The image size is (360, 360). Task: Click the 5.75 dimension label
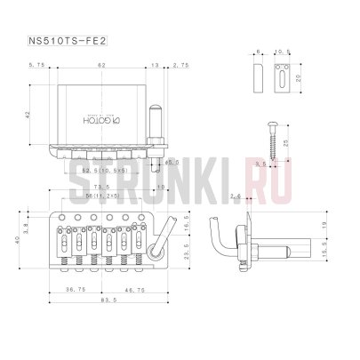pos(36,66)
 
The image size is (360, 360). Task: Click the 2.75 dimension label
pos(180,66)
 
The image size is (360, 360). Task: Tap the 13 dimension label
pos(157,66)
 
